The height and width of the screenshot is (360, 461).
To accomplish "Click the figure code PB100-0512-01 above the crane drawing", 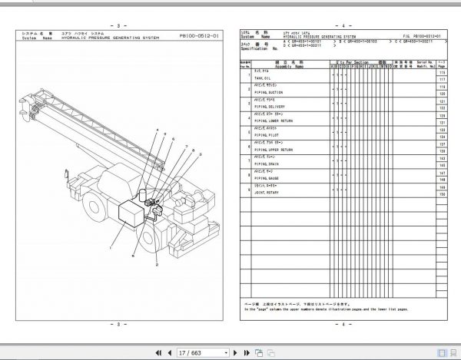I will point(198,35).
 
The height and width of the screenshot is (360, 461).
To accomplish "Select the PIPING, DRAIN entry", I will point(276,163).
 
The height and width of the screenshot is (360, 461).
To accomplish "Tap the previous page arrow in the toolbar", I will point(171,352).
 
